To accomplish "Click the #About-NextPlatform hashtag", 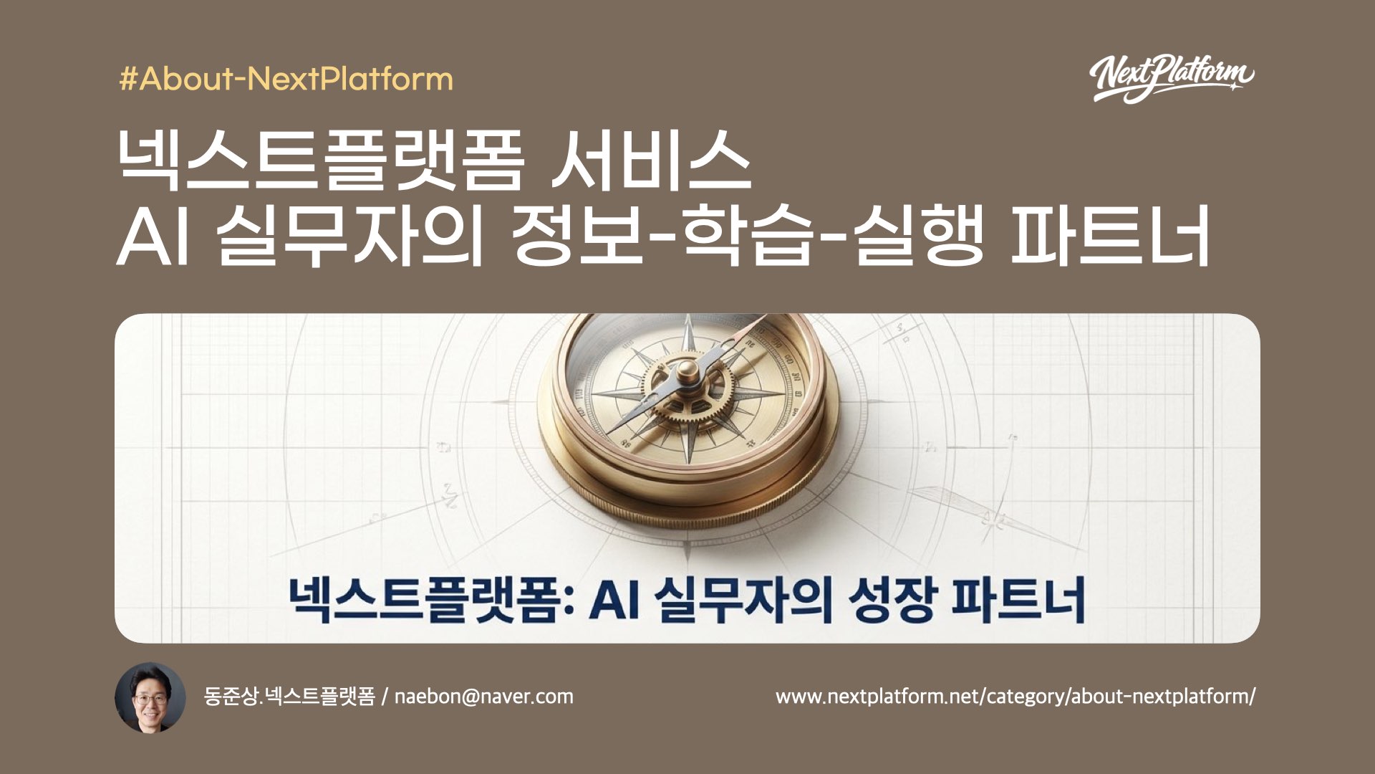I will pyautogui.click(x=286, y=79).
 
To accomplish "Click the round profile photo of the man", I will pyautogui.click(x=150, y=697).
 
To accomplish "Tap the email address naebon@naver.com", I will pyautogui.click(x=483, y=697).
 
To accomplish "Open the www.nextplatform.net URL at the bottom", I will pyautogui.click(x=1015, y=697).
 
